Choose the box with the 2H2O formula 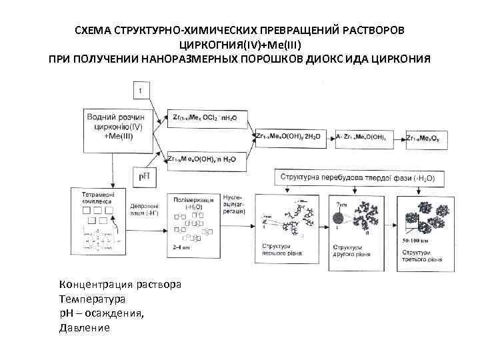click(x=287, y=137)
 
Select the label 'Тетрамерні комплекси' click(x=99, y=197)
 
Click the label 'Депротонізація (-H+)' click(x=143, y=210)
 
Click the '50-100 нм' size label click(x=416, y=238)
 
